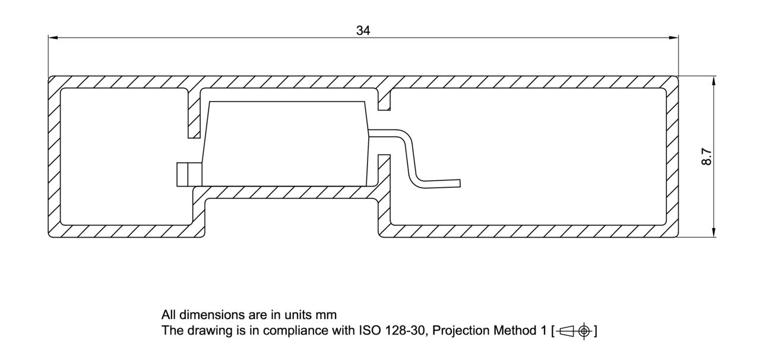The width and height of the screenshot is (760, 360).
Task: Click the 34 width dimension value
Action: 363,31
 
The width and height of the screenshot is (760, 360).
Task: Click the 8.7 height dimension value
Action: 706,157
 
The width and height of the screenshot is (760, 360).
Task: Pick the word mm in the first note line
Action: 327,315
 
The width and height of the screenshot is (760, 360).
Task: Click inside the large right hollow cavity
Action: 528,157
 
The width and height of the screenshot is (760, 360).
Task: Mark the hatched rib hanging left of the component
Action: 194,114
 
